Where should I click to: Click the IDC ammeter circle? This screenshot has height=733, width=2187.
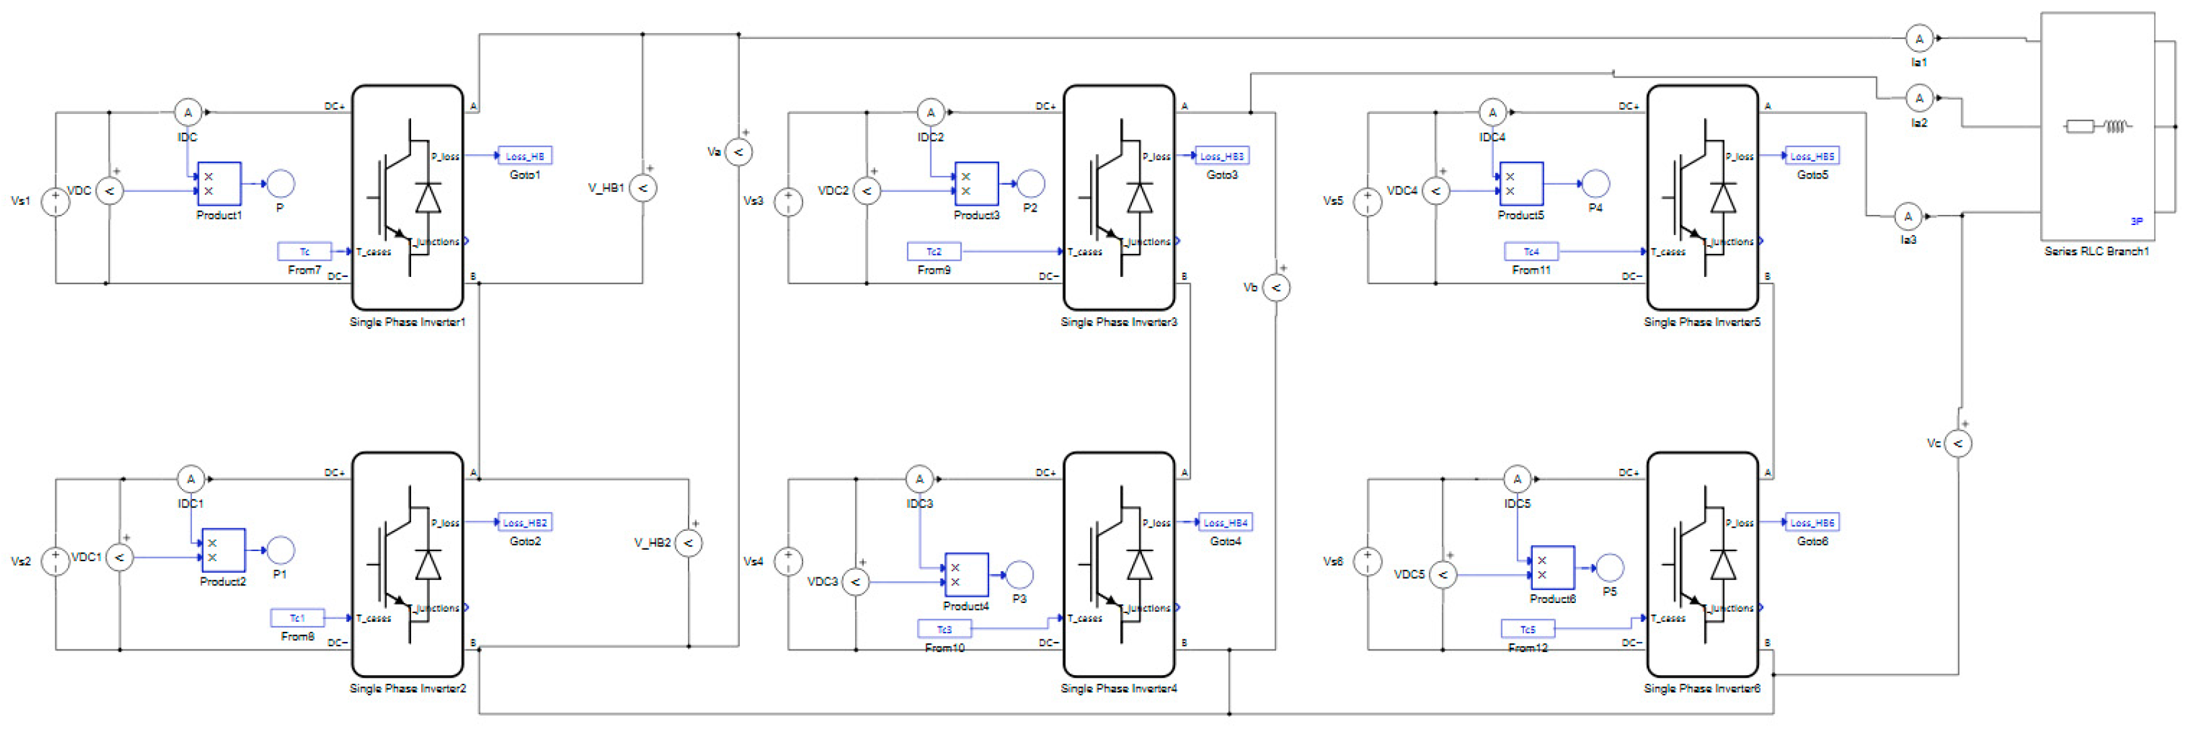187,112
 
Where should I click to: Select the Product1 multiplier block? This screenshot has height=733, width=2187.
219,183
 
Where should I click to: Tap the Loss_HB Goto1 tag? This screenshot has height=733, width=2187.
525,156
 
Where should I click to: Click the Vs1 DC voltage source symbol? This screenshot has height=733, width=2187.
55,201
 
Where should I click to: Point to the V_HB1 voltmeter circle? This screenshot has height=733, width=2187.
643,188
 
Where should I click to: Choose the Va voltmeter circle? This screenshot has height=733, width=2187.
738,152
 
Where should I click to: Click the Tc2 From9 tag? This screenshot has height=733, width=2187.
934,251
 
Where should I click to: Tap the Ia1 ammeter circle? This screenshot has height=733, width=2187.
1919,39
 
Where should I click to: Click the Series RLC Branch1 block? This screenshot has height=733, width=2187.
2097,127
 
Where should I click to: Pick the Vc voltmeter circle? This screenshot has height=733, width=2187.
1958,443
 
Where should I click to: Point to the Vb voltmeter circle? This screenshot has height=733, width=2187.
1275,288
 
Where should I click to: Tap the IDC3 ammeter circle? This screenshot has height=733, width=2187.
920,479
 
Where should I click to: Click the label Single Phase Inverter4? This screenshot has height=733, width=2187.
1118,688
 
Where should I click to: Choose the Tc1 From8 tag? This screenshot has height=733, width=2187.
297,618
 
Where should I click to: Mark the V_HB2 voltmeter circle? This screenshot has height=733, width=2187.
689,543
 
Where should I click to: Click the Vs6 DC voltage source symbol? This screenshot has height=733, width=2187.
1367,561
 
